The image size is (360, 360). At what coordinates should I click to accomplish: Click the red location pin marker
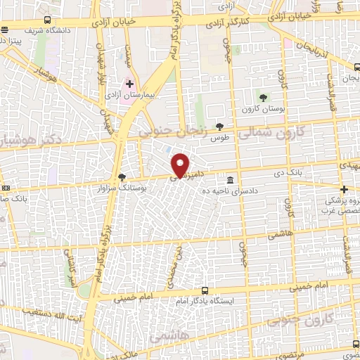click(181, 165)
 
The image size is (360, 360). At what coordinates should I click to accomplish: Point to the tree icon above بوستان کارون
click(263, 97)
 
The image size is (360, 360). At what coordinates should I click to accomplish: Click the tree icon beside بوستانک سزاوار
click(122, 177)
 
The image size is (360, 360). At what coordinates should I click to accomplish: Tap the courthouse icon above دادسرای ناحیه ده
click(231, 180)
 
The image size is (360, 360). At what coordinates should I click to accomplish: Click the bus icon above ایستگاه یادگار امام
click(205, 290)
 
